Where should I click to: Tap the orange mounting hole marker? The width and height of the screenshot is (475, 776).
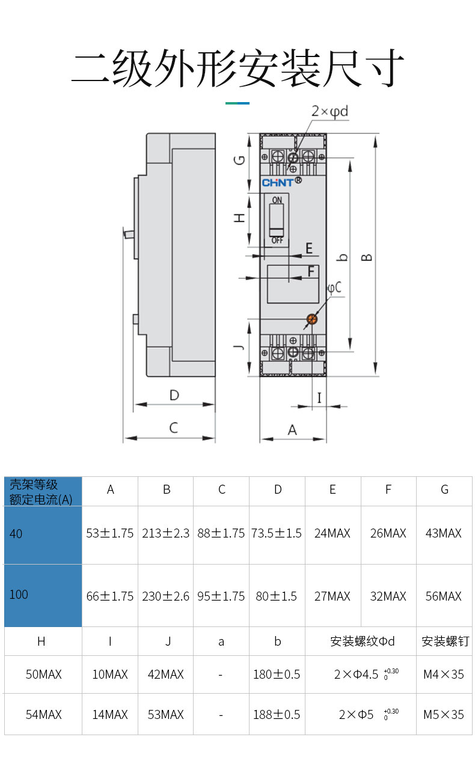click(x=312, y=319)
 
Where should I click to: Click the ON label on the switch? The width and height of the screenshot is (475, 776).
click(x=277, y=200)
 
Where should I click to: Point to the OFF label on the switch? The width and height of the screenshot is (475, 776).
click(x=277, y=240)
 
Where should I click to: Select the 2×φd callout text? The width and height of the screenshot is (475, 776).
click(x=329, y=111)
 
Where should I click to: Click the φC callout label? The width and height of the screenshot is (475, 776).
click(x=335, y=288)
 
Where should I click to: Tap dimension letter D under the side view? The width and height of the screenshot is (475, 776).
click(x=174, y=395)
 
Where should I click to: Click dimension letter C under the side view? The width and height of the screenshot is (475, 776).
click(x=174, y=428)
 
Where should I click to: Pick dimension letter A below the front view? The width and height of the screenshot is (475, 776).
click(x=292, y=430)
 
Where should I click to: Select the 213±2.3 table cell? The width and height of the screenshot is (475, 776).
click(x=166, y=533)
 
